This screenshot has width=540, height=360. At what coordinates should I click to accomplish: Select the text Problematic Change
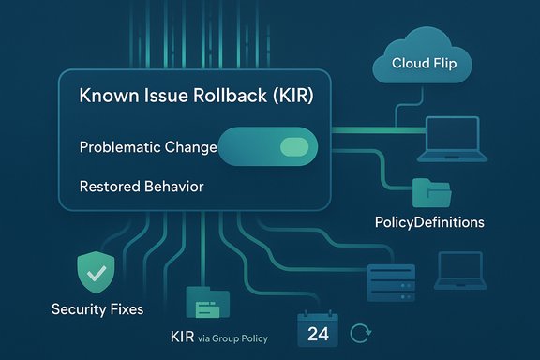148,147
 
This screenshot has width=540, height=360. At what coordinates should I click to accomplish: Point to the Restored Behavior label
142,187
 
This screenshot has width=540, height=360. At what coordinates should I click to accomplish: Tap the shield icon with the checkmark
94,273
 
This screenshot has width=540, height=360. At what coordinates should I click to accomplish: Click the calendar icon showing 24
317,332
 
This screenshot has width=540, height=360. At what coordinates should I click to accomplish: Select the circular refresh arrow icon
360,332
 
